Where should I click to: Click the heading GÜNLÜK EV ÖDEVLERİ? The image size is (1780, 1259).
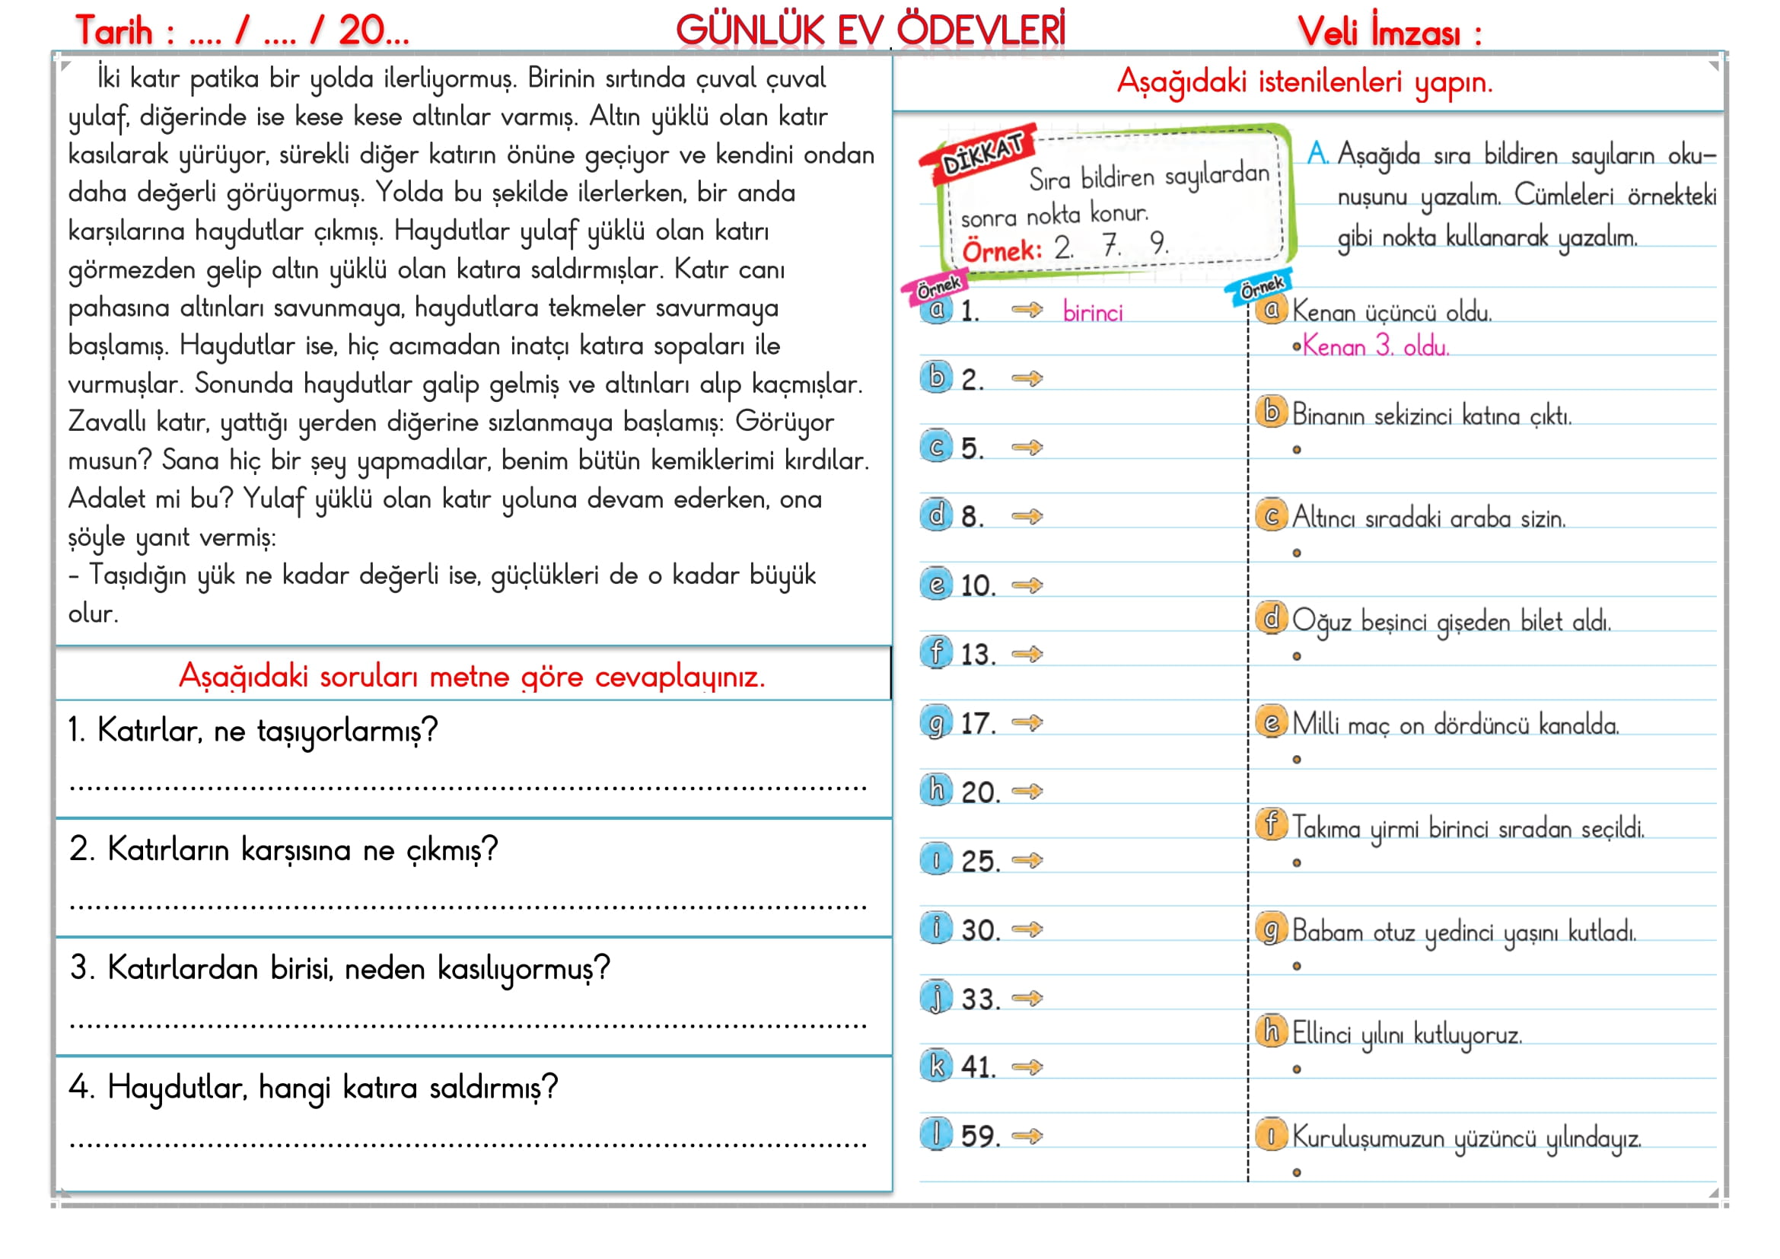[870, 31]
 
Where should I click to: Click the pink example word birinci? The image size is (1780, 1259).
[1092, 312]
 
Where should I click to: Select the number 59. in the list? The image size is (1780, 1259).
[980, 1136]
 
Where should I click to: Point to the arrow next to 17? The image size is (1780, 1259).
[1027, 722]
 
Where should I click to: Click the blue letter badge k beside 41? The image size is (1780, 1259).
[936, 1066]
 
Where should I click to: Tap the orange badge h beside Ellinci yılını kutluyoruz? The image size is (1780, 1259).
[1272, 1031]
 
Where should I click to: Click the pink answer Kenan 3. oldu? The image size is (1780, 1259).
[1374, 346]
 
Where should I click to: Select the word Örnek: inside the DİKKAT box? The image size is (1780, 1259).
[1001, 251]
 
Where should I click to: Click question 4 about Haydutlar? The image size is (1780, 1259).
[314, 1088]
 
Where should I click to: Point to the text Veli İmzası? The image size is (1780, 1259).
[1389, 33]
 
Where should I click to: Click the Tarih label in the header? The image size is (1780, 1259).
[115, 31]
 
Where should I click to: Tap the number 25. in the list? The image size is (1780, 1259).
[980, 862]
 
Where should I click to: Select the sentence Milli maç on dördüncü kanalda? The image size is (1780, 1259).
[1455, 725]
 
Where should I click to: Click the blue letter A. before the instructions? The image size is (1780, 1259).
[1317, 154]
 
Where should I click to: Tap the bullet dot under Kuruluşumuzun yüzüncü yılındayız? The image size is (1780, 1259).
[1296, 1172]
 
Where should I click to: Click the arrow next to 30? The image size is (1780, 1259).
[1027, 929]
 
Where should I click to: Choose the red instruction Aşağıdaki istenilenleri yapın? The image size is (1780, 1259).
[1304, 81]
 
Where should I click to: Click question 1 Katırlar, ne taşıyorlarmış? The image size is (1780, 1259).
[253, 730]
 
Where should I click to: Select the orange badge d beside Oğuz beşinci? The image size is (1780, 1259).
[1272, 618]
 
